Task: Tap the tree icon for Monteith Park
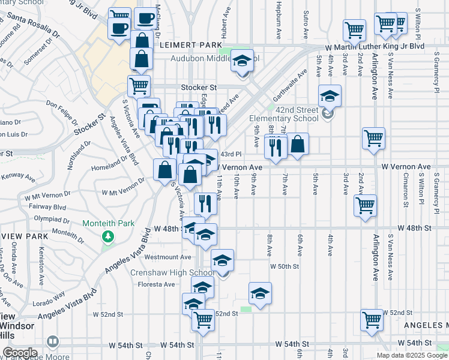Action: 109,236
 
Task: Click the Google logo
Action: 20,353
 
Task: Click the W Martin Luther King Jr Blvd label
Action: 375,46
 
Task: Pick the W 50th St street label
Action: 284,266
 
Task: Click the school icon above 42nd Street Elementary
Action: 329,95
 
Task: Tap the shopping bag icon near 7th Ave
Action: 298,144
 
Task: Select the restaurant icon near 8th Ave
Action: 276,146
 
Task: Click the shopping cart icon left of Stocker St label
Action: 139,86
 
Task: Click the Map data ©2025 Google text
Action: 411,355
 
